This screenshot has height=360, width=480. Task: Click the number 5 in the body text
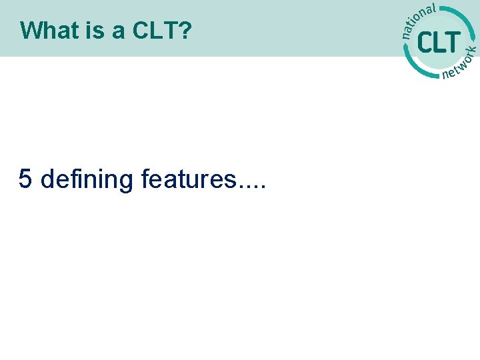(x=25, y=179)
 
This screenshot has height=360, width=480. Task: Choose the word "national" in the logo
(x=419, y=20)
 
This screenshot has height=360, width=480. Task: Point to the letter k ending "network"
(x=472, y=49)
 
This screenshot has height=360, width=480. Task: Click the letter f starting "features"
(x=146, y=179)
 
